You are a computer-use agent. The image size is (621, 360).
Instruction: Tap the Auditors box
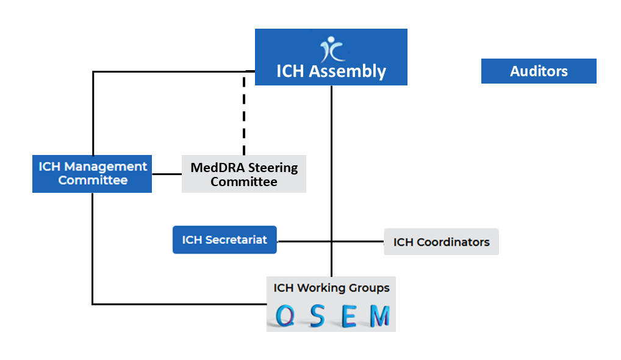[539, 71]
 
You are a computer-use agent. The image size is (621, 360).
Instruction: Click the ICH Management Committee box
[92, 173]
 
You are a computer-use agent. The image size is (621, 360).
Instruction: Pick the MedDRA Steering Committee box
[244, 175]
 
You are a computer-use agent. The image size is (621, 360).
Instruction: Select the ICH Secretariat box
[224, 240]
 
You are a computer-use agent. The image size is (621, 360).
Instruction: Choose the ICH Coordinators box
[441, 242]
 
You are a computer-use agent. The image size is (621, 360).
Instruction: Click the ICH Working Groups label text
[331, 288]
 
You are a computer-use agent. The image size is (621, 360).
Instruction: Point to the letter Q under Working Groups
[284, 316]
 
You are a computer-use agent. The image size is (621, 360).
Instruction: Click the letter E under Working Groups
[348, 316]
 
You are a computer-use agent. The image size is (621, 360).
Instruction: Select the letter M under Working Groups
[379, 316]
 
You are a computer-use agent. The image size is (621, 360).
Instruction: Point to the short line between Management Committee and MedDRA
[167, 174]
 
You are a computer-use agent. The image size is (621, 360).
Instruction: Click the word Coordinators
[453, 242]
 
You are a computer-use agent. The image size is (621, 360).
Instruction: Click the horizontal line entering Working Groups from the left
[183, 303]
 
